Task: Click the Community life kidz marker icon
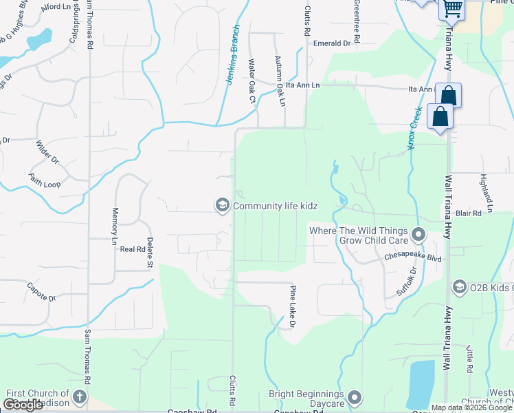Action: (x=222, y=205)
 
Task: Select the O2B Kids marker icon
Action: (x=460, y=286)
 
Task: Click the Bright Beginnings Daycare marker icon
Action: (x=355, y=397)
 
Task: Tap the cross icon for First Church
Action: (x=80, y=397)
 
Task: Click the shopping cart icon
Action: (x=453, y=8)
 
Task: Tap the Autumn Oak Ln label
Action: (x=280, y=81)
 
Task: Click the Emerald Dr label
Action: (x=332, y=43)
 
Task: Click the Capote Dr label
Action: (x=41, y=291)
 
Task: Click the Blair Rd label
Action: (x=468, y=213)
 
